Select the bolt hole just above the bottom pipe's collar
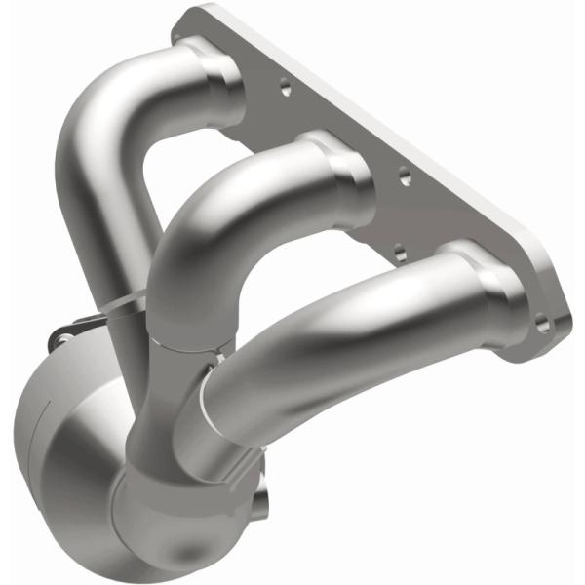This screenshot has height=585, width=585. [400, 255]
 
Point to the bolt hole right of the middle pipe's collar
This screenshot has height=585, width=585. [404, 178]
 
